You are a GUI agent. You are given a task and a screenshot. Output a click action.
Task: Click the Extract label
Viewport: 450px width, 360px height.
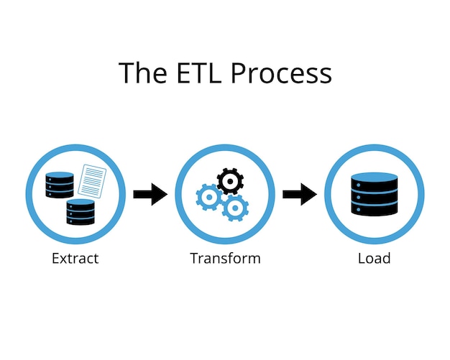tap(75, 258)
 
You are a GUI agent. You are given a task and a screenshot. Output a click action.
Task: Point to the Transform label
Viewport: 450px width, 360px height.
tap(225, 258)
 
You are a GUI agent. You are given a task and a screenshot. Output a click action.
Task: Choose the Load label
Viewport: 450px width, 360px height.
tap(374, 258)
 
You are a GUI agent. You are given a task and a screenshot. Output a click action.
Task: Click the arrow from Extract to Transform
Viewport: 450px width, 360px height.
tap(150, 194)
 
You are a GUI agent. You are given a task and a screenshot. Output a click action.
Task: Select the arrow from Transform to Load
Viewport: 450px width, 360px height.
tap(300, 194)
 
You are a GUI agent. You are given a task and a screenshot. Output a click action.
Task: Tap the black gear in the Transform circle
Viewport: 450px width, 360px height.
tap(230, 181)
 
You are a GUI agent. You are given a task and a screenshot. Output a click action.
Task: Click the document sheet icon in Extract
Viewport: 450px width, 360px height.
tap(91, 180)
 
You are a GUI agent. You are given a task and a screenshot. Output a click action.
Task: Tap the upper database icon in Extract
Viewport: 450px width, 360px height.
tap(60, 185)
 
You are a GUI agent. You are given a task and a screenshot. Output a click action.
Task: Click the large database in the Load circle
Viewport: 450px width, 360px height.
tap(374, 195)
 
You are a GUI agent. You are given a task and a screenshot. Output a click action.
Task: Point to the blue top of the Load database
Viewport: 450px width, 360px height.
tap(374, 177)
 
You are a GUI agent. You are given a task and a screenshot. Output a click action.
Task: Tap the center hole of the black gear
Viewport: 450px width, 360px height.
tap(230, 181)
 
